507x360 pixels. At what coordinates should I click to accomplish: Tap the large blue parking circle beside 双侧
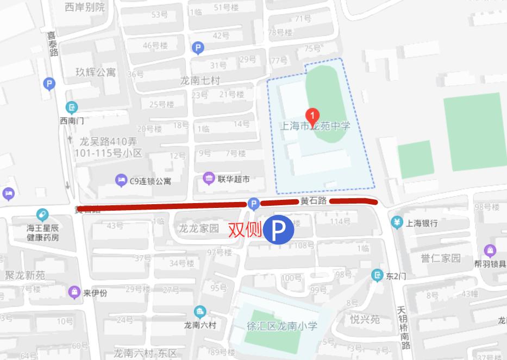(279, 231)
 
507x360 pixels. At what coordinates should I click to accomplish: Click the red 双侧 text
(245, 230)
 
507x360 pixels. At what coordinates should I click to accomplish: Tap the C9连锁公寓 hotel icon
(121, 180)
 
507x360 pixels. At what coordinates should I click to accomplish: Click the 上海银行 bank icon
(397, 223)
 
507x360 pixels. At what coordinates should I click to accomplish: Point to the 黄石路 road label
(314, 201)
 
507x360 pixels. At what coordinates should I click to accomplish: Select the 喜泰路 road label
(52, 43)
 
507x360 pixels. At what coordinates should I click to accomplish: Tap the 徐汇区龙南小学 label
(282, 326)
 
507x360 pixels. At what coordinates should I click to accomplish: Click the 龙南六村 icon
(200, 312)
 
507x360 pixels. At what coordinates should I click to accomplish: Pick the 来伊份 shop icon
(74, 292)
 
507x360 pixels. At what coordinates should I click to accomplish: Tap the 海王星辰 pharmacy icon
(42, 215)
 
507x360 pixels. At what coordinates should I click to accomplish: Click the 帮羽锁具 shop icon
(490, 250)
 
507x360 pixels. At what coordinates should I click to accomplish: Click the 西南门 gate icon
(72, 107)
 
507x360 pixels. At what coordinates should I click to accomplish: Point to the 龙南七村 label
(201, 81)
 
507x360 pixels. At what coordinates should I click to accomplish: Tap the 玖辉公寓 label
(96, 72)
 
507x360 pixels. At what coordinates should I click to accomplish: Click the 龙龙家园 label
(198, 229)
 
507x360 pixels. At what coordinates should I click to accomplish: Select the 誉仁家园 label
(440, 257)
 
